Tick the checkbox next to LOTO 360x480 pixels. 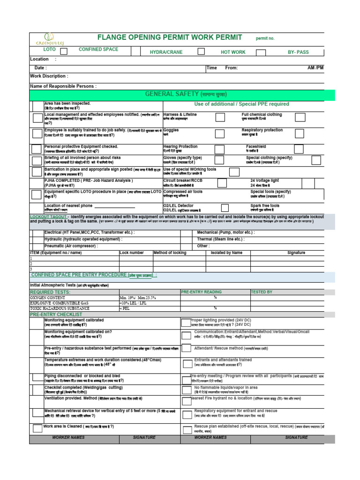click(x=64, y=51)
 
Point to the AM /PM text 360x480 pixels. click(x=315, y=68)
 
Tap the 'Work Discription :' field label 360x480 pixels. click(x=49, y=76)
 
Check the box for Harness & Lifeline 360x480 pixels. click(x=220, y=117)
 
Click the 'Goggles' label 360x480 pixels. click(x=171, y=130)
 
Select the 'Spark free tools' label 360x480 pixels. click(x=265, y=205)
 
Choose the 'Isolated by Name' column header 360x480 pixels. click(x=227, y=253)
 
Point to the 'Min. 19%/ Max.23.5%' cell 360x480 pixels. click(x=138, y=298)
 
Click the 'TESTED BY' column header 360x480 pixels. click(x=262, y=292)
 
